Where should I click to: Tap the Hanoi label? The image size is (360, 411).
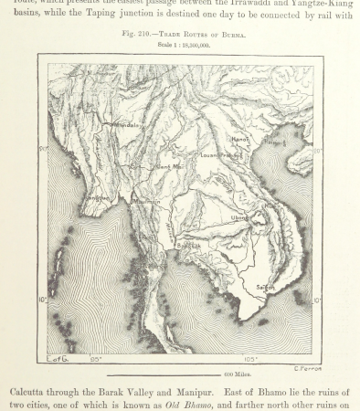point(241,139)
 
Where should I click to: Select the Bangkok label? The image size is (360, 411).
point(189,246)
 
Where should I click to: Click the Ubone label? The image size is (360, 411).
point(239,217)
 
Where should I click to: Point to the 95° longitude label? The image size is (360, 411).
point(95,359)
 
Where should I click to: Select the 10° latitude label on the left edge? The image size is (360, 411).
point(42,299)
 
